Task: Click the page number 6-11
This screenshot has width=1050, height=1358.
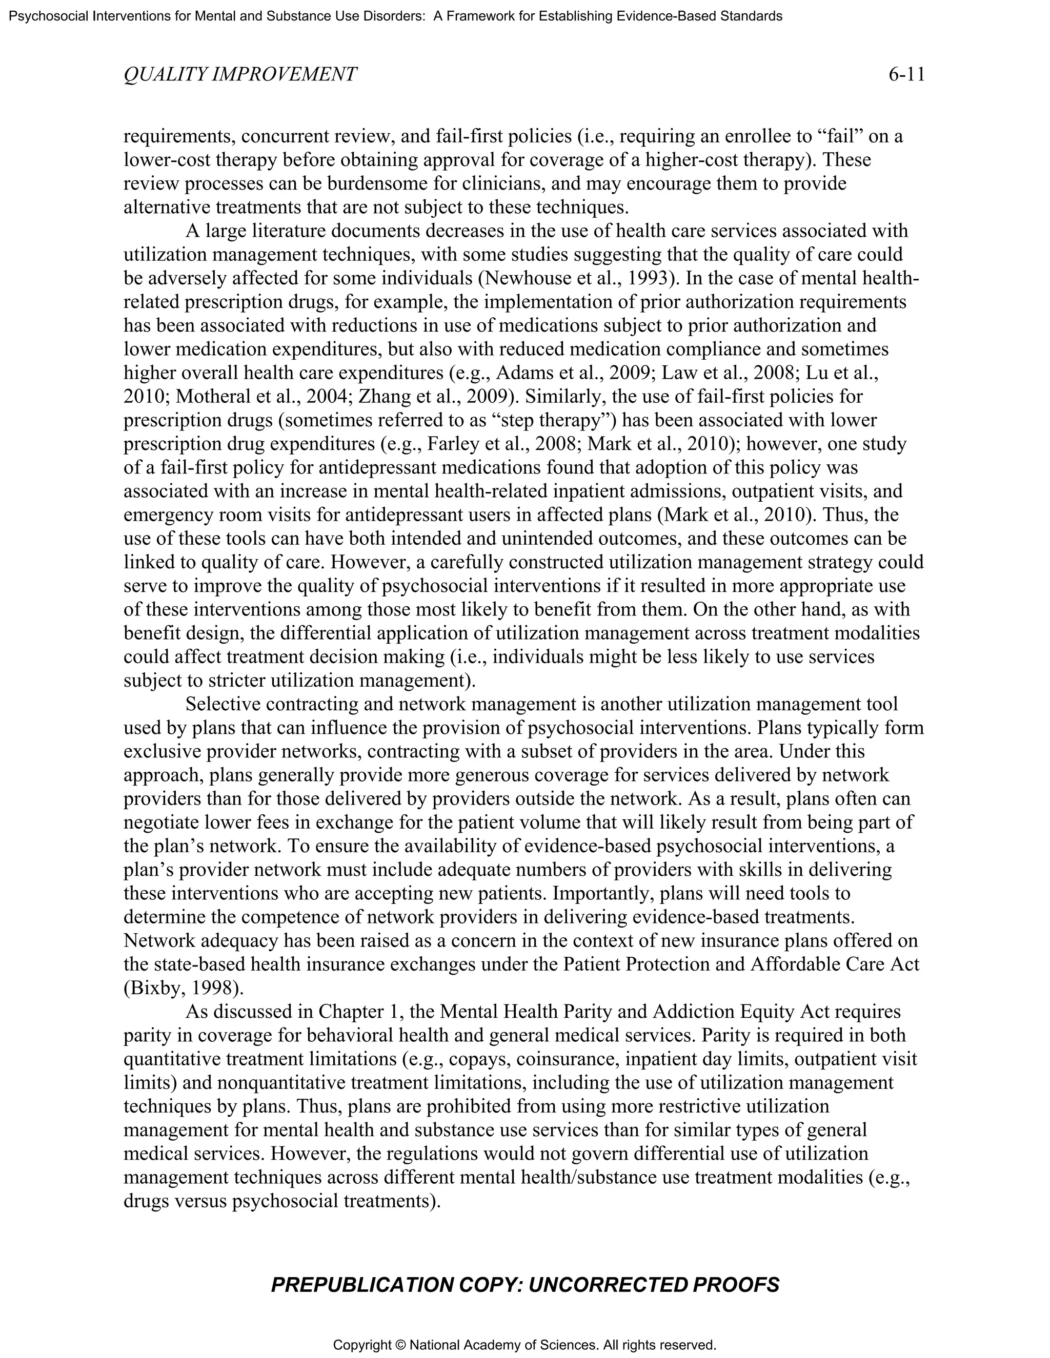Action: click(x=906, y=75)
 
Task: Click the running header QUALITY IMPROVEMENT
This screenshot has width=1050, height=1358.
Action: click(x=240, y=75)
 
